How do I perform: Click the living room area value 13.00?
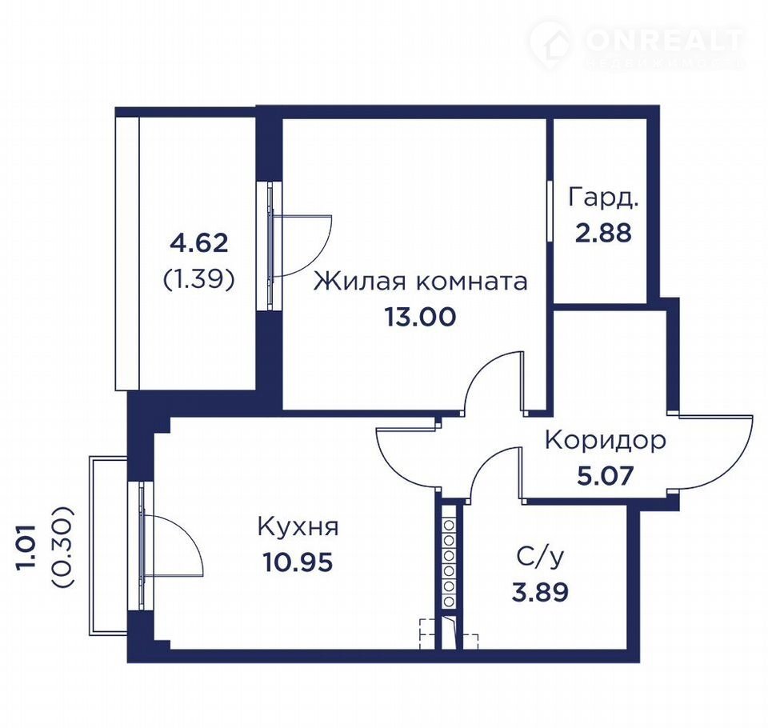coord(420,317)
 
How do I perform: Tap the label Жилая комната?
coord(420,282)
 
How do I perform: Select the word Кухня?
coord(298,528)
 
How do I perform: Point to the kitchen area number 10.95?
coord(298,562)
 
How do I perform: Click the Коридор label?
coord(606,441)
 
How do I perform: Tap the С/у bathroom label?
coord(540,557)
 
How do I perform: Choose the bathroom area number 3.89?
coord(540,592)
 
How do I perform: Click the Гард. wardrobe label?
coord(604,198)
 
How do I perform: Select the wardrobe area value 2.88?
coord(603,233)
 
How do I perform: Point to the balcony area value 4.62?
coord(199,242)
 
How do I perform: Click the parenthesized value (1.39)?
coord(199,278)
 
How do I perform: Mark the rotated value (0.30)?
coord(62,546)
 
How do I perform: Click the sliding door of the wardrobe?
coord(550,211)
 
